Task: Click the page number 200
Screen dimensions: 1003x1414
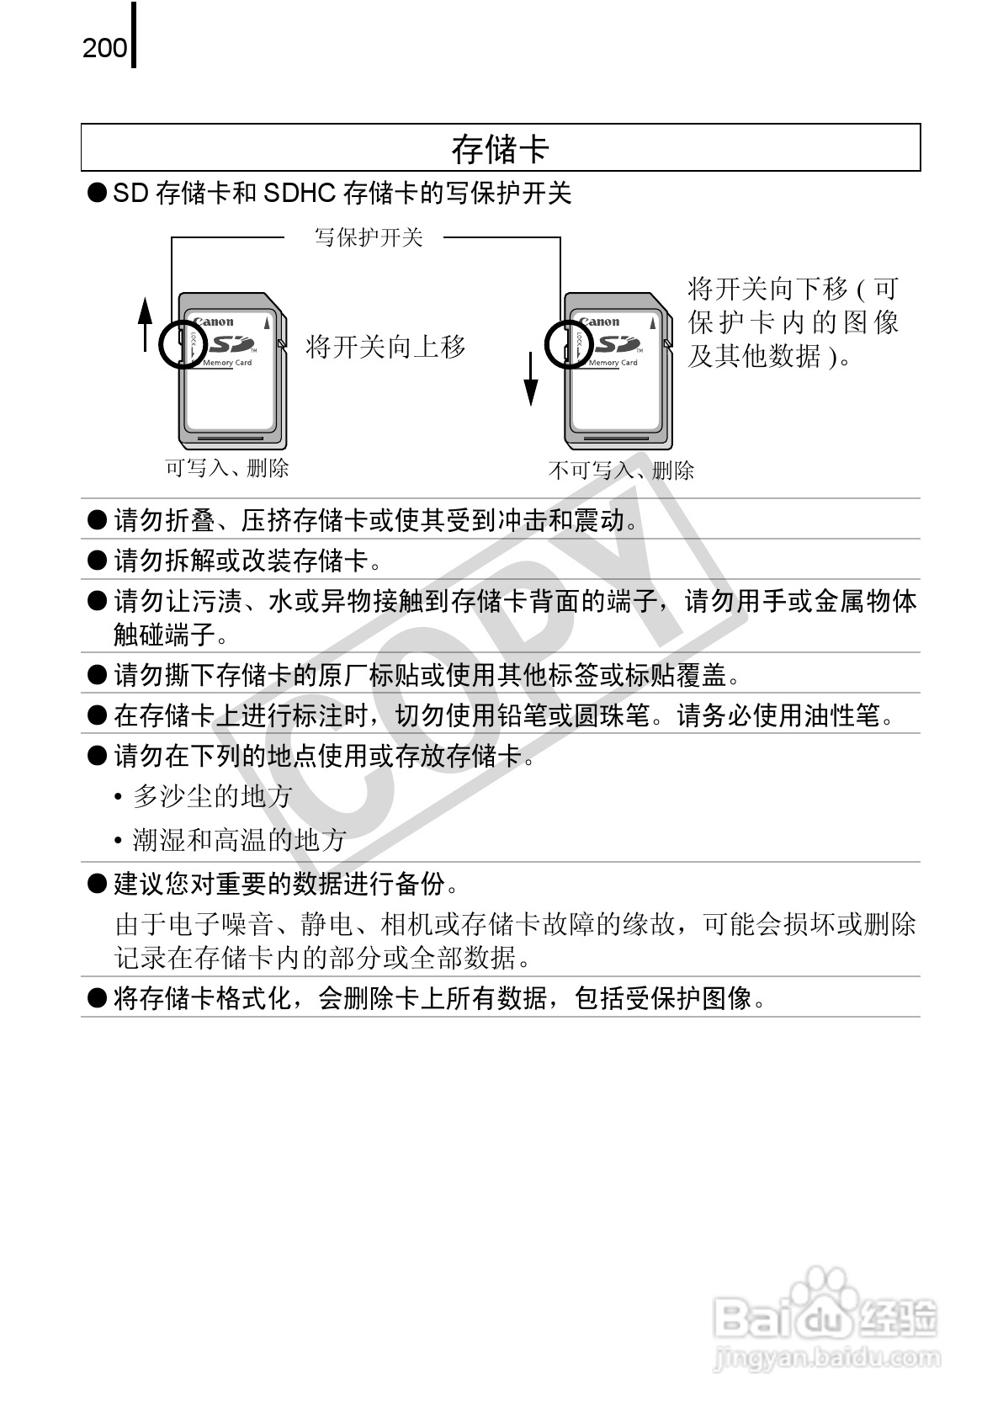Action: click(104, 48)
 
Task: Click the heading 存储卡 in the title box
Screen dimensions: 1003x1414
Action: click(500, 149)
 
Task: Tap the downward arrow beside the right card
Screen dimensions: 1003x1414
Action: click(531, 379)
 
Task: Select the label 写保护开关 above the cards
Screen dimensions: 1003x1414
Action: click(368, 237)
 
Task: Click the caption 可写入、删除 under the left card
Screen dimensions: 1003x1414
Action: click(226, 468)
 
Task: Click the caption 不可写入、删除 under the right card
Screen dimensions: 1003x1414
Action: click(621, 470)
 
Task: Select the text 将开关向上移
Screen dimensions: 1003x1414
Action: click(385, 346)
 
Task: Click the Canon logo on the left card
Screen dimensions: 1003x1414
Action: click(214, 322)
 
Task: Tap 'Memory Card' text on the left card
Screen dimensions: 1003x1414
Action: click(227, 364)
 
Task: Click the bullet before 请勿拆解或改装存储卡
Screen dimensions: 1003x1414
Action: click(98, 560)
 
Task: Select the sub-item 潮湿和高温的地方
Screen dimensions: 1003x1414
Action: click(239, 840)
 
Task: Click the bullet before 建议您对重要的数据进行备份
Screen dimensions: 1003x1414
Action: click(98, 883)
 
